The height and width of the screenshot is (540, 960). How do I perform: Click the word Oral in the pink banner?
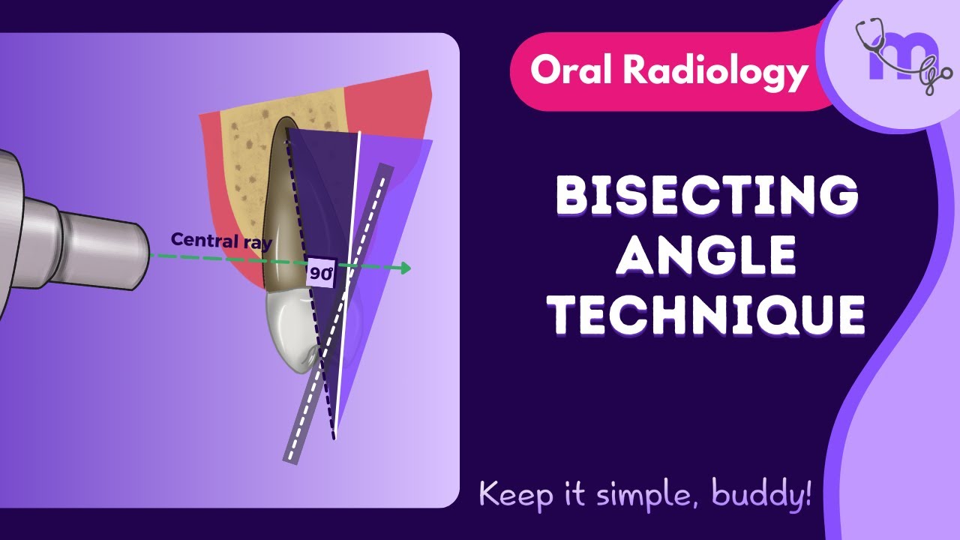(x=570, y=70)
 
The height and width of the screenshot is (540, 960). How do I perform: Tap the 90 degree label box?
(x=322, y=273)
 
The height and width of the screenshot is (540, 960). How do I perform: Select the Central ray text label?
(x=221, y=241)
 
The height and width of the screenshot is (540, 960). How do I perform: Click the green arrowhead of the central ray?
(x=405, y=268)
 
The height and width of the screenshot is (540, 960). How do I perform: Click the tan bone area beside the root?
(x=240, y=150)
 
